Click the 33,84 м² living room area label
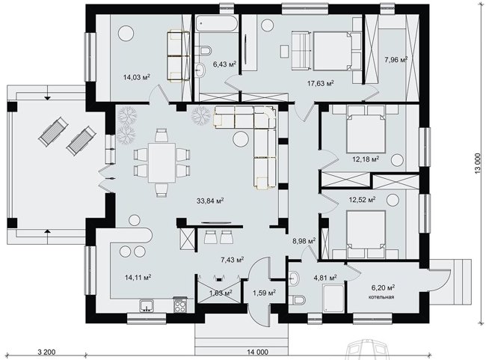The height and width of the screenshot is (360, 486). coord(210,201)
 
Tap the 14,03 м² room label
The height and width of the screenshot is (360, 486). coord(137,77)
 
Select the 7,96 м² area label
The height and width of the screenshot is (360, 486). coord(396,59)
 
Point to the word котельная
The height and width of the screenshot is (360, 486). coord(381,297)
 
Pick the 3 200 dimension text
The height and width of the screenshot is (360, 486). coord(46,352)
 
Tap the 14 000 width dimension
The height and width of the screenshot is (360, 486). coord(257,352)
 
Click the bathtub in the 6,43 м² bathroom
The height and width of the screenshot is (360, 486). coord(217,23)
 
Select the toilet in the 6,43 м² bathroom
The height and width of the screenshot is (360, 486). coord(205,50)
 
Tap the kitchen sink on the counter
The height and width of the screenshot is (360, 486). coord(147,305)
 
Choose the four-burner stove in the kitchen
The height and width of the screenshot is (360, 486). coord(180,305)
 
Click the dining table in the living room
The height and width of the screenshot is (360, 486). coord(162,162)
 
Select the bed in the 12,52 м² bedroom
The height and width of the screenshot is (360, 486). coord(366,234)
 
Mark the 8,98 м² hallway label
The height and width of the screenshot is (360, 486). coord(304,241)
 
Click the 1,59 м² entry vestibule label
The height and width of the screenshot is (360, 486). coord(265,293)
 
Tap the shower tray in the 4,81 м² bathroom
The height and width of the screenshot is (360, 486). coord(333,299)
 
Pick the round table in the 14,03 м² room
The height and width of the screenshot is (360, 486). coord(126,33)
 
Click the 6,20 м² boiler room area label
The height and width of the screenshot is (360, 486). coord(383,288)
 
